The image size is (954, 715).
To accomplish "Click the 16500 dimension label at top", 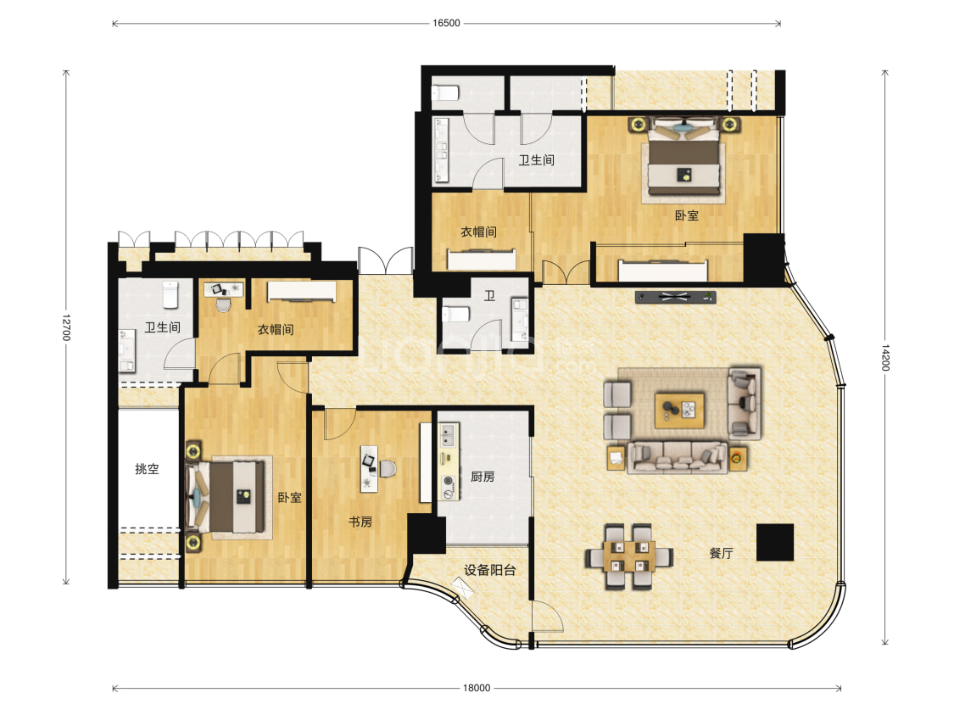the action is point(446,23).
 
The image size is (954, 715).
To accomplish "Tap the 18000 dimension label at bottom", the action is point(477,688).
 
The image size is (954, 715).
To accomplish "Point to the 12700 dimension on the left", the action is point(66,327).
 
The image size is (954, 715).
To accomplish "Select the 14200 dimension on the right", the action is point(885,358).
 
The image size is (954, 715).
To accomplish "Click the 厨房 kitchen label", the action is point(483,477).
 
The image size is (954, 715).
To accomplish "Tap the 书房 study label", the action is point(360,522).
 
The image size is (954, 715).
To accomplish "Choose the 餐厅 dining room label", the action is point(721,553).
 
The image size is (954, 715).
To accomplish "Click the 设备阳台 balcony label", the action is point(490,570).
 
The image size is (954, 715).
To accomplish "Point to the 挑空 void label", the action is point(147,469).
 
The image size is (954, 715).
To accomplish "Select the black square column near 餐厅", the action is point(775,542).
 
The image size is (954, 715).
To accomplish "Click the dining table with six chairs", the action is point(629,556).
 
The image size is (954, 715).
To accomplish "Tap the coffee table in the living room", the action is point(679,411).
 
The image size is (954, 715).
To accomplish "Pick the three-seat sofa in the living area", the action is point(678,457).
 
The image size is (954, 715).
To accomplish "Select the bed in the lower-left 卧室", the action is point(225,497).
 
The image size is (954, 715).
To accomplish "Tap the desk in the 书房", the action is point(369,468).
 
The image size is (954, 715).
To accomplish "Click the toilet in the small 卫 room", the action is point(455,315).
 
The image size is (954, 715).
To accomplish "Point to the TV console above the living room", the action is point(675,297).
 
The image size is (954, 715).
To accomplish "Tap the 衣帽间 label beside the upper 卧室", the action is point(478,232).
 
